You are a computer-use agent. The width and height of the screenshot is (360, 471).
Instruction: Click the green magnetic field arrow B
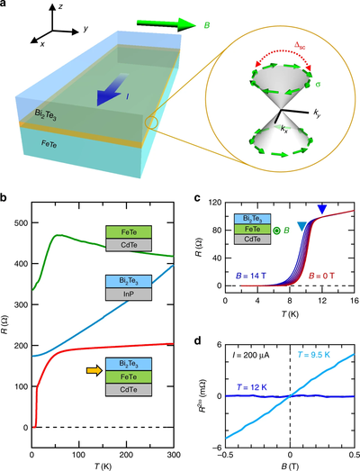point(166,24)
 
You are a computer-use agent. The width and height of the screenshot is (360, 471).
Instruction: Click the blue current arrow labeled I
point(110,90)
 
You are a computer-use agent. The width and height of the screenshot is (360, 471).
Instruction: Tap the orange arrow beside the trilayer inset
point(94,371)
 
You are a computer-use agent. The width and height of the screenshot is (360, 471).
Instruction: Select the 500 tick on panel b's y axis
point(22,222)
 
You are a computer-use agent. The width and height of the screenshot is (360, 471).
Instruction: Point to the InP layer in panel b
point(129,294)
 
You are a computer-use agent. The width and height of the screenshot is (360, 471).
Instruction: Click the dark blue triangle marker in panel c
point(322,209)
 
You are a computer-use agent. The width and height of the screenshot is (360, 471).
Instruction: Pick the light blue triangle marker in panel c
point(302,226)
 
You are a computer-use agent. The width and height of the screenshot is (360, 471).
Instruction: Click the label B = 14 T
point(251,276)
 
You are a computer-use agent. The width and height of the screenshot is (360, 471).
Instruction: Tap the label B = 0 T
point(320,276)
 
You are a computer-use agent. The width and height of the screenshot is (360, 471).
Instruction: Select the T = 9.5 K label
point(314,355)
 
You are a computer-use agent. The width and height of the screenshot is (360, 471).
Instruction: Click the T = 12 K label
point(252,387)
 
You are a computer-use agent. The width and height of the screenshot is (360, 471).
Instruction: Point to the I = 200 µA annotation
point(251,355)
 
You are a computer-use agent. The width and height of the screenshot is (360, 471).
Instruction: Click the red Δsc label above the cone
point(300,46)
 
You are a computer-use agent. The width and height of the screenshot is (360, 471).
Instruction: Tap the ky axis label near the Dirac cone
point(317,113)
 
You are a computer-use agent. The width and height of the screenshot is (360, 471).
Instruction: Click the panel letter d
point(197,340)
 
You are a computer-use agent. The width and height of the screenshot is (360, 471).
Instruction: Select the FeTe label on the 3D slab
point(49,144)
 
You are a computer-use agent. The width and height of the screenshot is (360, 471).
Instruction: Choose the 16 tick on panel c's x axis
point(354,301)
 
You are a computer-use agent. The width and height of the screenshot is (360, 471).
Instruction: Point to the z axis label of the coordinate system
point(60,6)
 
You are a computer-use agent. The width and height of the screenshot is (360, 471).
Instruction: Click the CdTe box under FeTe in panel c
point(253,240)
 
